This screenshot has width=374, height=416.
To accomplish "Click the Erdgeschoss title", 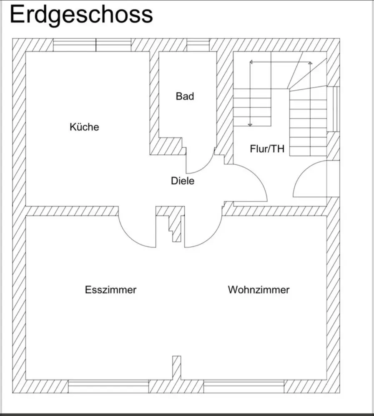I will pyautogui.click(x=81, y=15).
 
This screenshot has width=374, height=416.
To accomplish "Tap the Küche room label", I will pyautogui.click(x=84, y=127).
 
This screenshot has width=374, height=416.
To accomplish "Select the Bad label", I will pyautogui.click(x=185, y=97).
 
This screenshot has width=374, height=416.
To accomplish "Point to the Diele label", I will pyautogui.click(x=183, y=181).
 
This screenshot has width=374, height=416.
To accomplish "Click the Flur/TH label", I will pyautogui.click(x=267, y=149).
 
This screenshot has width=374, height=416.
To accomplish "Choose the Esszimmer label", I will pyautogui.click(x=110, y=290).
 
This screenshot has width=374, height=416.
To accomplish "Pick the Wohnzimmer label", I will pyautogui.click(x=259, y=290).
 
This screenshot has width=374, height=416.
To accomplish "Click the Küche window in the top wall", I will pyautogui.click(x=92, y=45).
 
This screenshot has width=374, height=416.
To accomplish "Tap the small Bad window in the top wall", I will pyautogui.click(x=198, y=45).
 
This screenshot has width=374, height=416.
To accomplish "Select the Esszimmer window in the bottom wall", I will pyautogui.click(x=108, y=386).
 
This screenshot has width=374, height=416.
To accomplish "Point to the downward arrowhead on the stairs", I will pyautogui.click(x=250, y=124).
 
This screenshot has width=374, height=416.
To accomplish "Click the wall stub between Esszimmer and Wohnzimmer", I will pyautogui.click(x=177, y=368).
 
